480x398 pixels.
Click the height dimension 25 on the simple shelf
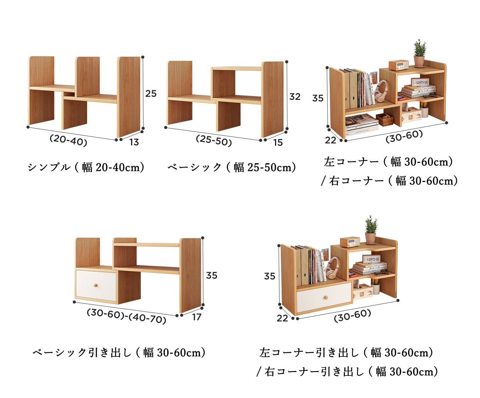click(151, 93)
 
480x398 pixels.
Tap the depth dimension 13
click(134, 142)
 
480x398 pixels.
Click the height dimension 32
click(295, 96)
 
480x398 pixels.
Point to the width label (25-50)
click(214, 140)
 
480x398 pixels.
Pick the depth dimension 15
click(278, 143)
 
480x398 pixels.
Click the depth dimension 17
click(196, 317)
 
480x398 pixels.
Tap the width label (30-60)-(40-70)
click(126, 316)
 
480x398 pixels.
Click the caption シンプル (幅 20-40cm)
click(86, 167)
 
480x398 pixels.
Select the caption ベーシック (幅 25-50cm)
click(232, 167)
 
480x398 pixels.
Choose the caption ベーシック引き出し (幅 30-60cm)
click(119, 353)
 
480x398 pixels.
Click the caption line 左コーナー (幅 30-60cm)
click(389, 162)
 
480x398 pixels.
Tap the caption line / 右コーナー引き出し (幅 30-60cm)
click(347, 372)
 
